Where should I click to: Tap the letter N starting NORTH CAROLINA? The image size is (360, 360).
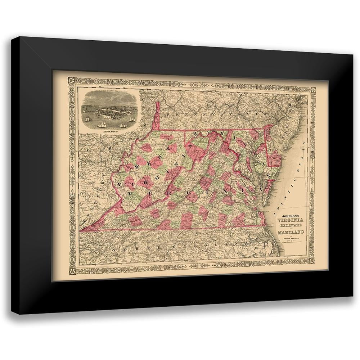click(x=114, y=249)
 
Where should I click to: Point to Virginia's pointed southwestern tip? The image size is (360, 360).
click(x=82, y=229)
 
